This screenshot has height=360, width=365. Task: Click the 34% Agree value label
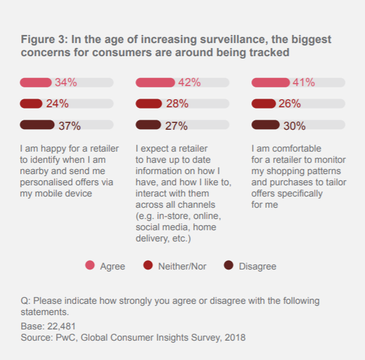66,82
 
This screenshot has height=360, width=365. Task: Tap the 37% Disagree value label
69,125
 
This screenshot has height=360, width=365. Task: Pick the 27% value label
176,125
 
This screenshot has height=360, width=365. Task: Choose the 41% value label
304,82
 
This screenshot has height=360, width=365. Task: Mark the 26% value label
290,104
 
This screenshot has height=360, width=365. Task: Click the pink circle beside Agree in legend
89,266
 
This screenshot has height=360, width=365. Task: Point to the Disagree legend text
256,266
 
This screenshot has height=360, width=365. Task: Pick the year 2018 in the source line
235,338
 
